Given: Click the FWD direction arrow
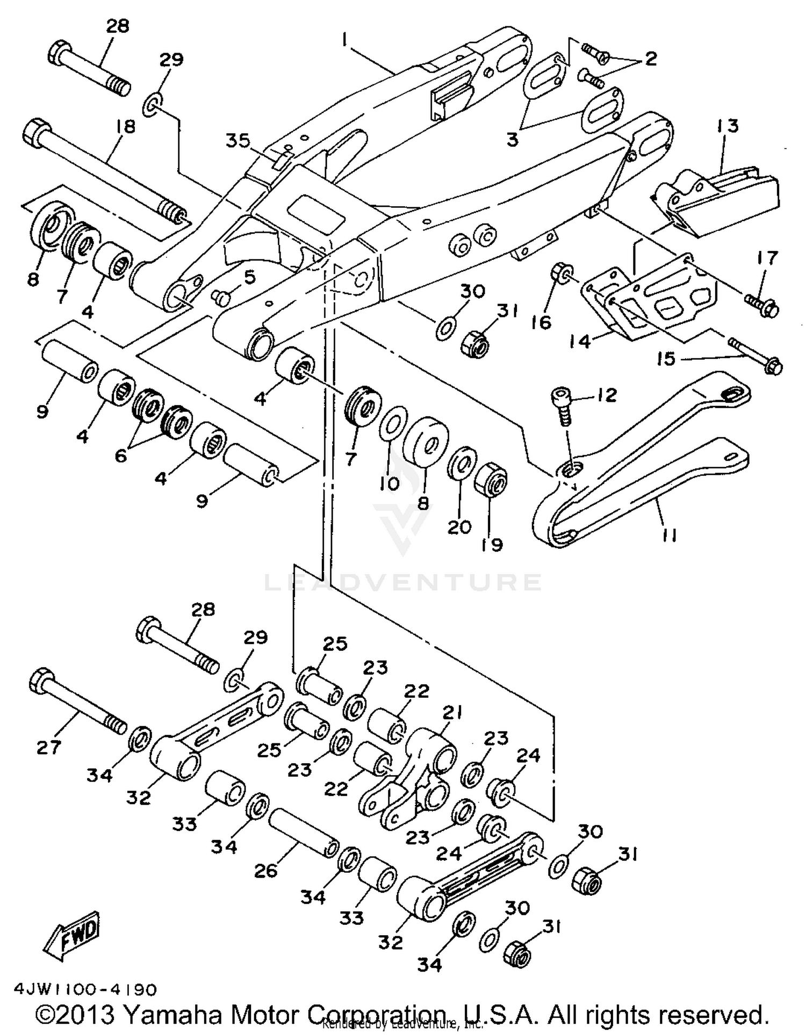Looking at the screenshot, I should [x=71, y=936].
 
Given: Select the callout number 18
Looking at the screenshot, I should [x=124, y=127].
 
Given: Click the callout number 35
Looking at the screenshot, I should [x=238, y=141].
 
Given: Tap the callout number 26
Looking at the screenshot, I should [x=265, y=871].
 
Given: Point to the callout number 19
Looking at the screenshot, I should [x=492, y=545].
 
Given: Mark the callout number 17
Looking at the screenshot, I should [x=767, y=258].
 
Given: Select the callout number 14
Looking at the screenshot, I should [x=580, y=341].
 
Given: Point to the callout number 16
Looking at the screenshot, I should [x=542, y=322].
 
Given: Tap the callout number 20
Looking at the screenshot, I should [x=459, y=527].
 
